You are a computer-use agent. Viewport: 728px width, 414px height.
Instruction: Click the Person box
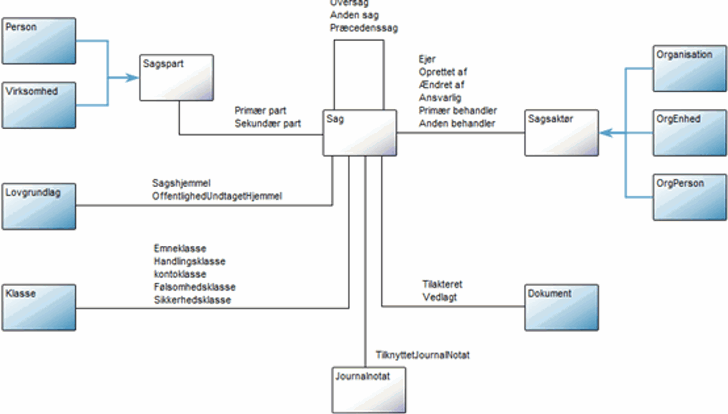click(39, 41)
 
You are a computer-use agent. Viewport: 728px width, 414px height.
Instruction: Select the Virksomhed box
click(39, 105)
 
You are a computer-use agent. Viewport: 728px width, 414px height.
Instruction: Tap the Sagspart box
click(176, 77)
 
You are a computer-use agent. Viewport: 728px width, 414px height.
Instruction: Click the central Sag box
click(359, 132)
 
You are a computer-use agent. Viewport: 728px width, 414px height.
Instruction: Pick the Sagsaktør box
click(561, 132)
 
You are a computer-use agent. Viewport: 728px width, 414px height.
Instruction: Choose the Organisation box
click(690, 68)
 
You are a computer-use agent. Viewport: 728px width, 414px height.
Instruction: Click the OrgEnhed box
click(690, 132)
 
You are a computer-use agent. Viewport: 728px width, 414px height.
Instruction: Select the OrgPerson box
click(690, 197)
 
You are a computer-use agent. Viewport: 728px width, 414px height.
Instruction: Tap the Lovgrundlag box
click(39, 206)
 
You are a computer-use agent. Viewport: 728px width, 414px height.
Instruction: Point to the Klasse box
click(39, 307)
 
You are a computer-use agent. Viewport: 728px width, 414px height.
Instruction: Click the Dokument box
click(561, 307)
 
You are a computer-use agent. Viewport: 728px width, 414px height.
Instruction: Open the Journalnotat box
click(369, 390)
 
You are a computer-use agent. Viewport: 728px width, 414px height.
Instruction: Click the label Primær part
click(260, 111)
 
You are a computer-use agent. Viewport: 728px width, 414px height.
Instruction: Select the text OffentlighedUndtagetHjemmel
click(217, 196)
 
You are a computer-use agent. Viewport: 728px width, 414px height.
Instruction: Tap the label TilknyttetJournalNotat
click(422, 355)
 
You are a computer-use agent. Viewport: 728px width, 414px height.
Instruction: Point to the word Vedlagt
click(440, 297)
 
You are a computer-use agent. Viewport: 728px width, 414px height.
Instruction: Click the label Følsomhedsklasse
click(194, 287)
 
